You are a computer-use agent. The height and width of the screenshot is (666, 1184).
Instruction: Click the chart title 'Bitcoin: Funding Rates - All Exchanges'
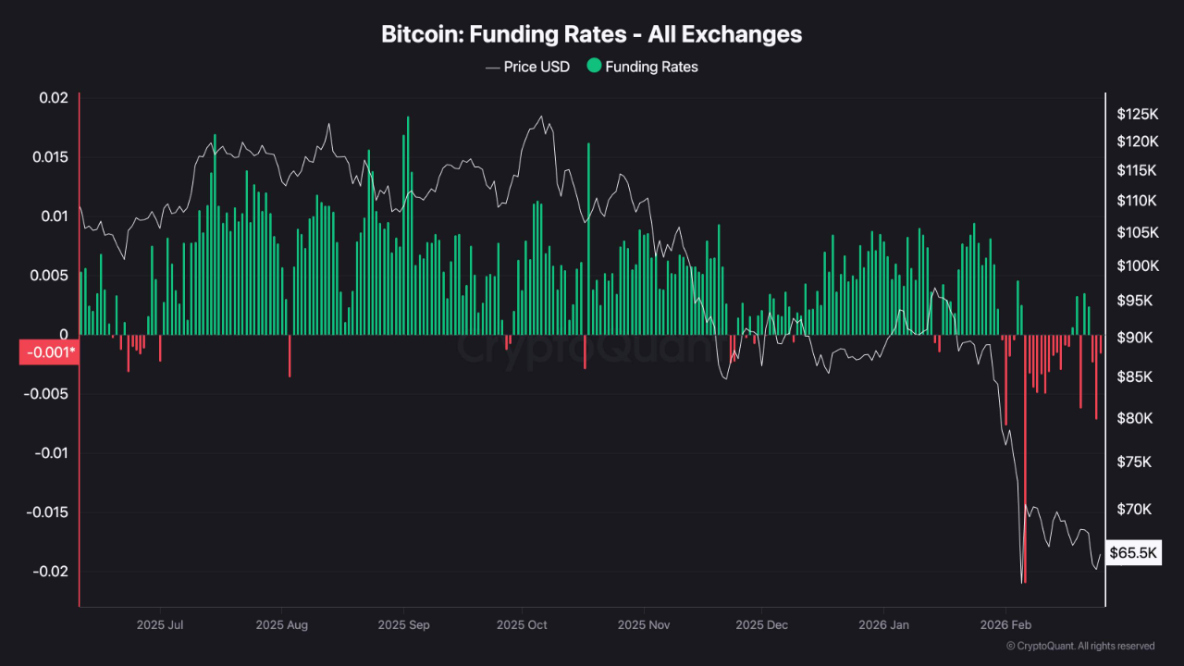point(592,34)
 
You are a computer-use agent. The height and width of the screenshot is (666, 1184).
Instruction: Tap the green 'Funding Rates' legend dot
point(594,67)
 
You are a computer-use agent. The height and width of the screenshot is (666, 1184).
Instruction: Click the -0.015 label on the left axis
point(46,512)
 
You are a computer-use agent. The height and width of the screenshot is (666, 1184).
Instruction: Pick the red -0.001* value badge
point(48,352)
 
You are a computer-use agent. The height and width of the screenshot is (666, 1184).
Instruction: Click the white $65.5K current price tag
point(1133,553)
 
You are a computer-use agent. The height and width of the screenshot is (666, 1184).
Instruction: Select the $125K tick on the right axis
point(1137,114)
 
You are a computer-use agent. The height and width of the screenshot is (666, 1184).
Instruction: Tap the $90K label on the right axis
point(1134,338)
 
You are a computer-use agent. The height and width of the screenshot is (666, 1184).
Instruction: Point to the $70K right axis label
point(1134,510)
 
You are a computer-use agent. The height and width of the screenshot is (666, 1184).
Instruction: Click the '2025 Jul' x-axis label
point(160,624)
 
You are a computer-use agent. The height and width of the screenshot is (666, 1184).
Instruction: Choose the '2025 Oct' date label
point(522,624)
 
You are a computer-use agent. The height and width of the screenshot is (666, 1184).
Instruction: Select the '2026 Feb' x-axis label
point(1005,624)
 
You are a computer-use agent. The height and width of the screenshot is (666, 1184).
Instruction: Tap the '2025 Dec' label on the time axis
point(761,624)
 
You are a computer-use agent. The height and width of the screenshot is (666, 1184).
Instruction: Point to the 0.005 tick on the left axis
point(49,276)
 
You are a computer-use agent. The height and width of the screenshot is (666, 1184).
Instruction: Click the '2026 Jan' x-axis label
point(883,624)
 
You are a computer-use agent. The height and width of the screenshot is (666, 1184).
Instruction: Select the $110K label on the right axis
point(1137,201)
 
